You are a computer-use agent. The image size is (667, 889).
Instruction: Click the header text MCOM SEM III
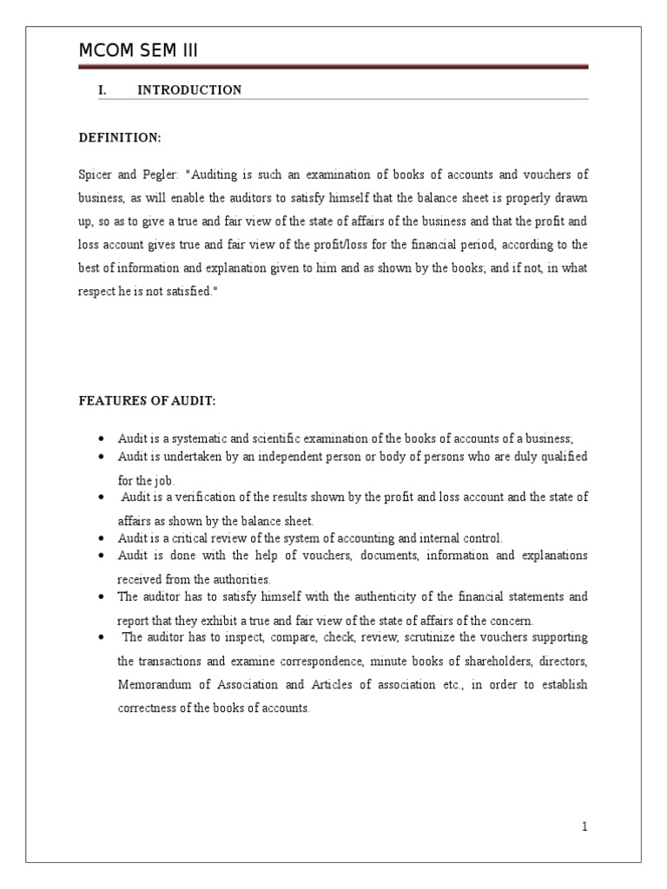pyautogui.click(x=138, y=51)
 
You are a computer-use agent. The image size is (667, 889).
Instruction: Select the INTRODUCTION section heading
pyautogui.click(x=189, y=90)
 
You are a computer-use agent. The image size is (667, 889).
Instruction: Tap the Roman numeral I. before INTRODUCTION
pyautogui.click(x=101, y=90)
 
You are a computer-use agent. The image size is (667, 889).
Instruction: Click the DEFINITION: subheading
pyautogui.click(x=120, y=139)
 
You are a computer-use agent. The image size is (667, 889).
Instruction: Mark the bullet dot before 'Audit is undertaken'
pyautogui.click(x=103, y=457)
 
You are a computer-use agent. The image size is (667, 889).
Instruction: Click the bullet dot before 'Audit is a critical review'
pyautogui.click(x=103, y=539)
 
